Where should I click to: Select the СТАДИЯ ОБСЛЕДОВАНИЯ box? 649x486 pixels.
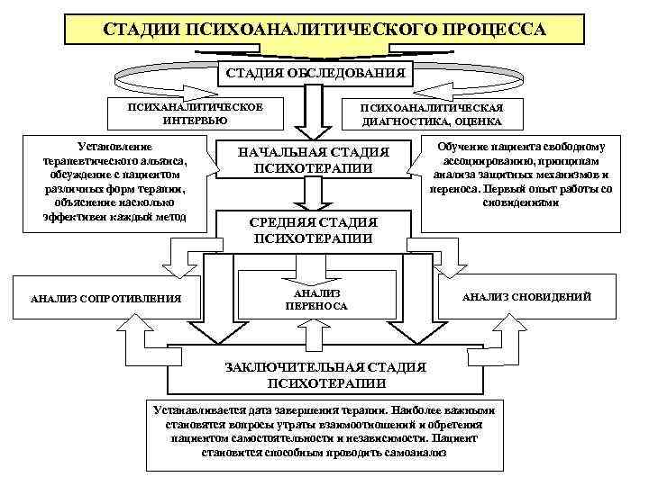pos(315,70)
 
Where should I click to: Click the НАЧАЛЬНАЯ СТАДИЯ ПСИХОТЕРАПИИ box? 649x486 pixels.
pos(313,159)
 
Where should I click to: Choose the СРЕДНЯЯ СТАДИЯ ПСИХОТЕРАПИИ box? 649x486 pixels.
pos(315,230)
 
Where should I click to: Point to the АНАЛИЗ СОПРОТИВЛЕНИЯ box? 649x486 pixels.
pos(105,298)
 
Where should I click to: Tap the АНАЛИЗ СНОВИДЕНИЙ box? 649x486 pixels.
pos(526,296)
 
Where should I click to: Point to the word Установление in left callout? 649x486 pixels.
pos(116,146)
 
